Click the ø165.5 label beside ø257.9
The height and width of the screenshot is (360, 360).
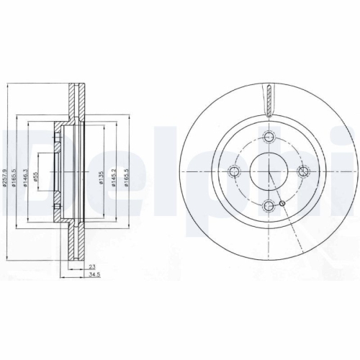[14, 173]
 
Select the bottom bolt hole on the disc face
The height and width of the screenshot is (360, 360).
[268, 205]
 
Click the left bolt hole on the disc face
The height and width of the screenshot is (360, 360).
[234, 171]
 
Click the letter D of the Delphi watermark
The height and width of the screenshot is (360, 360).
[22, 166]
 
